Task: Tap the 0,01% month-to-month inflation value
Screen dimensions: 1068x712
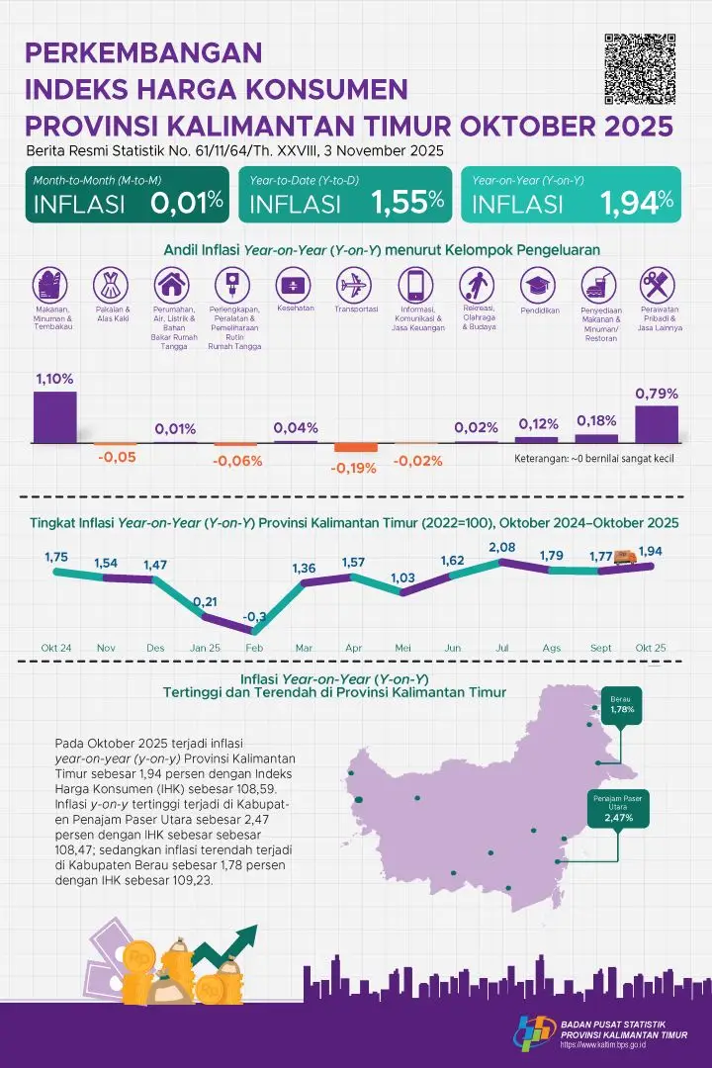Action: (187, 203)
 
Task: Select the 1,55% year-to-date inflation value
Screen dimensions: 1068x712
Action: (406, 203)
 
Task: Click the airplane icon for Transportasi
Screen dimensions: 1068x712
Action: (351, 286)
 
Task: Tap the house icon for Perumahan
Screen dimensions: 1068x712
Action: (174, 286)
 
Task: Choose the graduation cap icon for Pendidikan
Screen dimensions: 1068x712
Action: (539, 286)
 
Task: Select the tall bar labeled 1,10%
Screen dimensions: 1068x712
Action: (54, 416)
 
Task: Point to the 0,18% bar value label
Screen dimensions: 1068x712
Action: (596, 421)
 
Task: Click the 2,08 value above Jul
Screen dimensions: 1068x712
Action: (501, 547)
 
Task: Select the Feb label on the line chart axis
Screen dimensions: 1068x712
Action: (253, 648)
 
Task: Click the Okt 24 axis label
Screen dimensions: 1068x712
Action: (55, 648)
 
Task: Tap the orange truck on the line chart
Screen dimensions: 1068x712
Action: (623, 559)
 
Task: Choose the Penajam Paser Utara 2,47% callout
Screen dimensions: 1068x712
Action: (617, 807)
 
